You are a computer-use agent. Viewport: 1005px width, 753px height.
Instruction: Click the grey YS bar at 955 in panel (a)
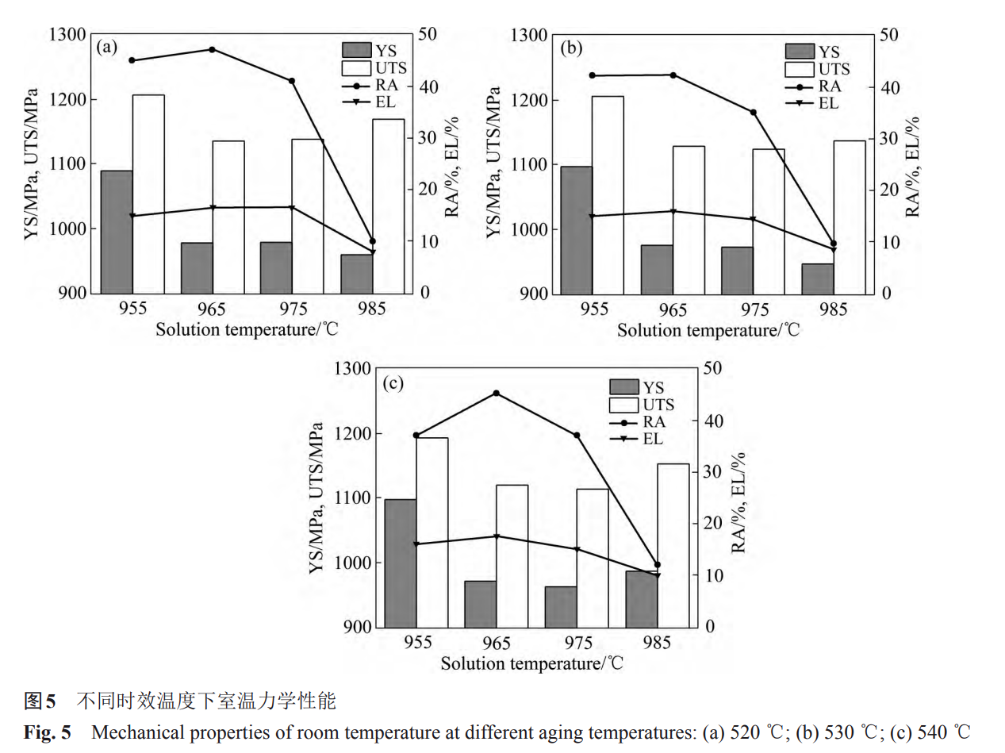pyautogui.click(x=117, y=232)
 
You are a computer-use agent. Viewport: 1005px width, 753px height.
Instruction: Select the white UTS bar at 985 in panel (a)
pyautogui.click(x=388, y=206)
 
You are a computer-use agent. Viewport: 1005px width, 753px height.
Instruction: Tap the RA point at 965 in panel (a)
pyautogui.click(x=212, y=49)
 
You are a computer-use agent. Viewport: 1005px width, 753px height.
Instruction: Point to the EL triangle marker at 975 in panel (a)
pyautogui.click(x=292, y=208)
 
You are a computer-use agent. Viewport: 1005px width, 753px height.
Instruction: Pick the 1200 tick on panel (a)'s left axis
pyautogui.click(x=71, y=100)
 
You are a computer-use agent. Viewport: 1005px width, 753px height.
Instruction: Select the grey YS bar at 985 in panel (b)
pyautogui.click(x=818, y=279)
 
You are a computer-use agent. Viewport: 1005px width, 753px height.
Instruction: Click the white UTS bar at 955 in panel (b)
pyautogui.click(x=608, y=194)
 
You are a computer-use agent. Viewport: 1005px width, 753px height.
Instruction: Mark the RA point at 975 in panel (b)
pyautogui.click(x=754, y=113)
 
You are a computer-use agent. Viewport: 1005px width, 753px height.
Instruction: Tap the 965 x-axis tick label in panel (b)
pyautogui.click(x=673, y=309)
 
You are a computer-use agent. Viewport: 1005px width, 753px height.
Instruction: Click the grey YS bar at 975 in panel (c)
pyautogui.click(x=561, y=606)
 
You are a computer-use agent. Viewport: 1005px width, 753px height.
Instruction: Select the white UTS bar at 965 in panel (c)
pyautogui.click(x=512, y=555)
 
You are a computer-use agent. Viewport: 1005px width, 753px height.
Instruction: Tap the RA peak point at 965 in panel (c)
pyautogui.click(x=497, y=393)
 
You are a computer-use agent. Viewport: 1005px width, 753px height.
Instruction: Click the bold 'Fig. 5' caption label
pyautogui.click(x=47, y=732)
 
